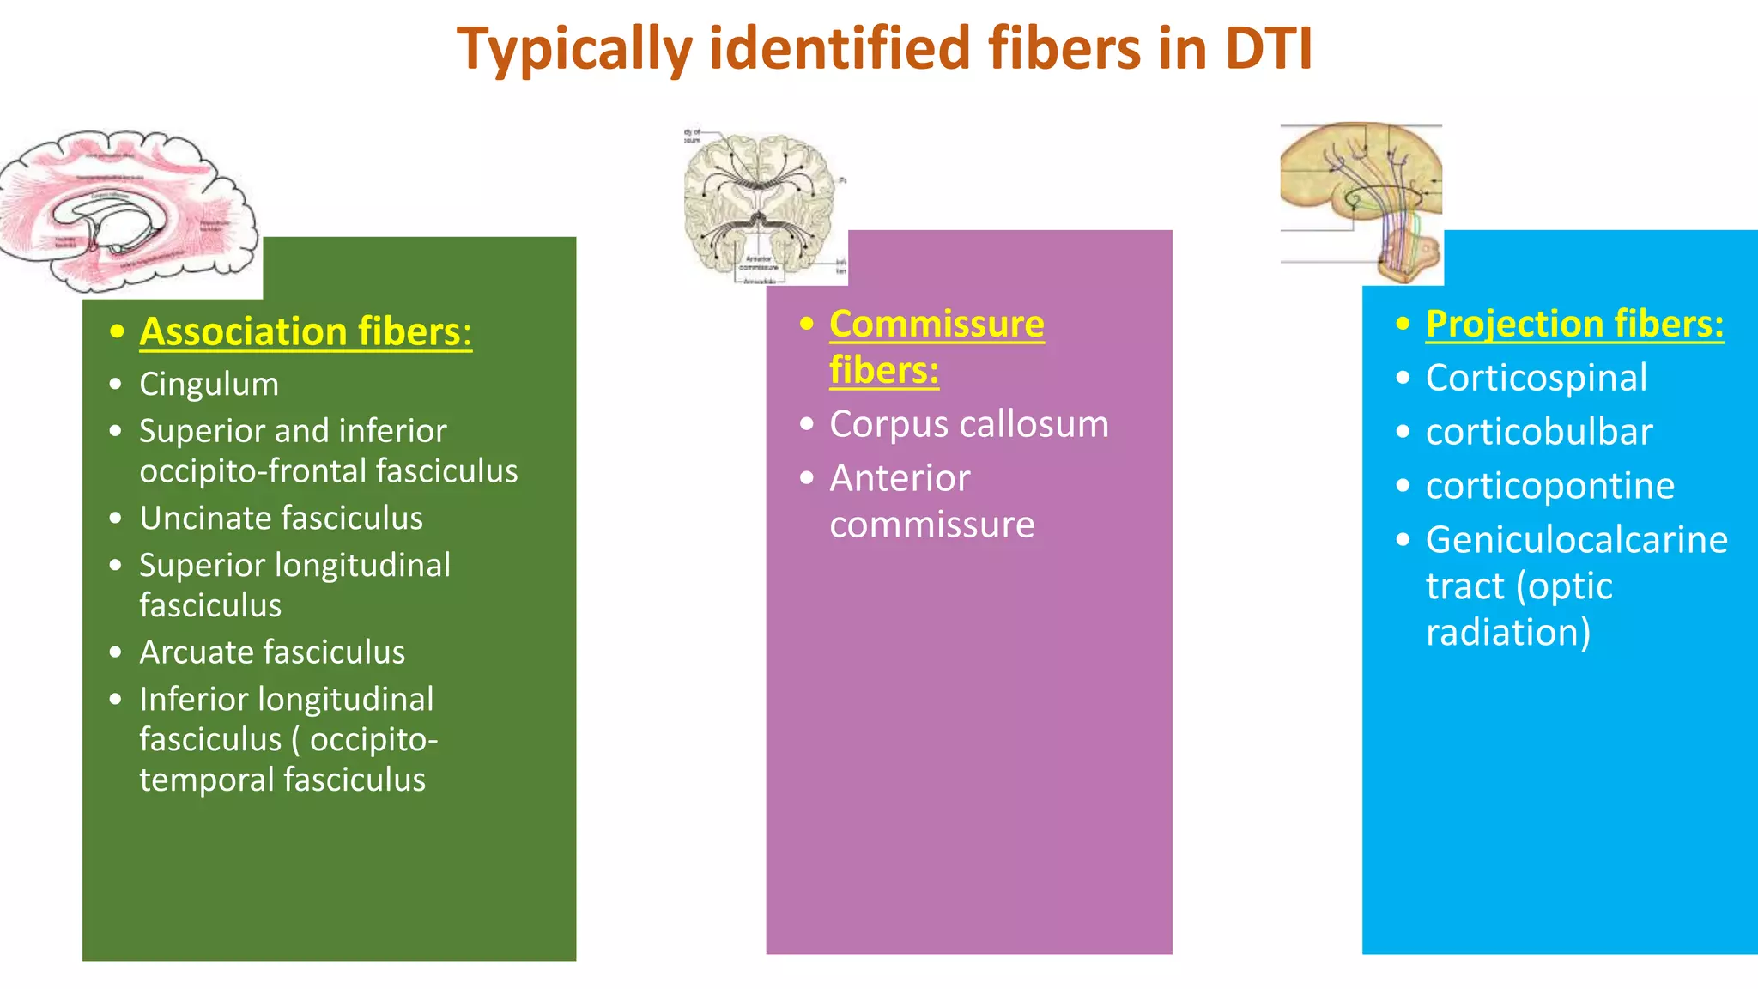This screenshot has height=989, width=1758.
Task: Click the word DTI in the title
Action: point(1268,49)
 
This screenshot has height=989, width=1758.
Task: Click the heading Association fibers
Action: point(305,331)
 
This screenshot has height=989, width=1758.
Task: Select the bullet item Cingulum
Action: point(209,384)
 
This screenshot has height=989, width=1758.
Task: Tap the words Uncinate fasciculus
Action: point(281,518)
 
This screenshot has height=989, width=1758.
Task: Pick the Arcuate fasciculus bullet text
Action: point(272,652)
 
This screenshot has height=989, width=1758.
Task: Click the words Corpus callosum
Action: point(968,424)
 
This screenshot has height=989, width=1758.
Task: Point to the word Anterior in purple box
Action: point(900,478)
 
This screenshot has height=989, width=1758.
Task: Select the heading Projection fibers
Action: point(1573,324)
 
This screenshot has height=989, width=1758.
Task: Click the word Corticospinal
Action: point(1536,378)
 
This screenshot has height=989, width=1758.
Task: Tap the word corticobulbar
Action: point(1538,432)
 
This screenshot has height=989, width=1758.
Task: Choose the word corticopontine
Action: point(1549,486)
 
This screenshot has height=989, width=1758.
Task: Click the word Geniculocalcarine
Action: point(1576,540)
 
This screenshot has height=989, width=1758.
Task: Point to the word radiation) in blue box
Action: point(1507,633)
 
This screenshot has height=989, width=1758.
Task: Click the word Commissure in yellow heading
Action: point(937,324)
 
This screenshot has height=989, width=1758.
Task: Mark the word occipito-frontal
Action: point(255,471)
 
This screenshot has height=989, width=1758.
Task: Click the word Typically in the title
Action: point(574,49)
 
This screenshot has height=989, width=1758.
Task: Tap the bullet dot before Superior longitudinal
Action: point(116,565)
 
